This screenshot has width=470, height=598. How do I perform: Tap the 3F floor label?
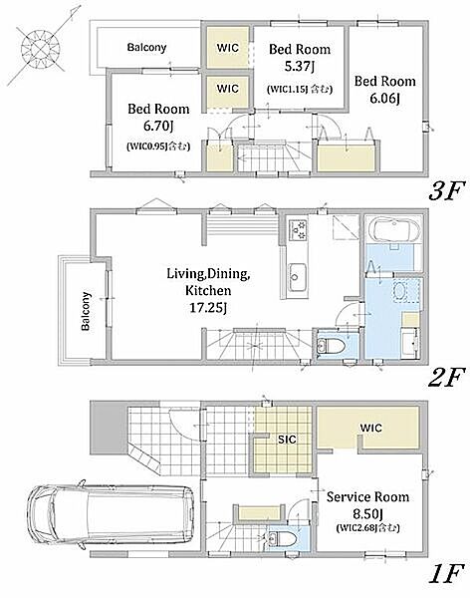(x=446, y=190)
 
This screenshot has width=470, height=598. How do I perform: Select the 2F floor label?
(x=446, y=377)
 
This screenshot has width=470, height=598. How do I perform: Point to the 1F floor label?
(x=447, y=573)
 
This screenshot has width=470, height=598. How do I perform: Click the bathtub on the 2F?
(x=396, y=230)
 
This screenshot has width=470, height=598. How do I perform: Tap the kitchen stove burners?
(x=297, y=230)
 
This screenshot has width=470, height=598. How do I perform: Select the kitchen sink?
(x=298, y=277)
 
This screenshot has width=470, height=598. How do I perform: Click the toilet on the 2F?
(x=331, y=346)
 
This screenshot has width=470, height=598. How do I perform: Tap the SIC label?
(x=287, y=440)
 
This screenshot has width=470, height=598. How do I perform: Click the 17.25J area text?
(x=208, y=307)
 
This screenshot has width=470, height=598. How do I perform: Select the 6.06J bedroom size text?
(x=384, y=99)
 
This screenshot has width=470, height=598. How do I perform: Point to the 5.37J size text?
(x=300, y=67)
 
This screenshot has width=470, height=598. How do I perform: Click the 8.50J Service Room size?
(x=367, y=513)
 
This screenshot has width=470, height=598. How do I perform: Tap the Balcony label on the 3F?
(x=146, y=47)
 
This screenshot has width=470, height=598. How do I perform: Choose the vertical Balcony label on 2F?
(x=87, y=311)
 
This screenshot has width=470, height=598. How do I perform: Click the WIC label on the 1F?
(x=370, y=428)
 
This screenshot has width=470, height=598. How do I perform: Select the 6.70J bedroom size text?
(x=158, y=127)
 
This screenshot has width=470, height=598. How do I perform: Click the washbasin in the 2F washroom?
(x=399, y=291)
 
